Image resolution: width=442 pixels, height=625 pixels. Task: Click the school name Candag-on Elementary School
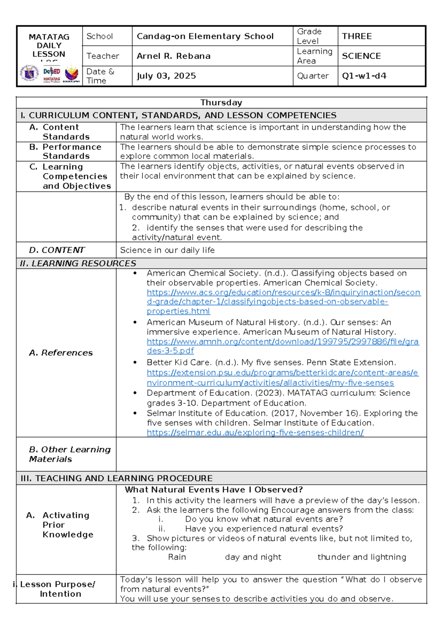[x=205, y=36]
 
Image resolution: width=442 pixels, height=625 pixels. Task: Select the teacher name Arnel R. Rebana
[x=173, y=56]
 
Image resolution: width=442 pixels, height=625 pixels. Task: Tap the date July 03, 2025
[x=166, y=76]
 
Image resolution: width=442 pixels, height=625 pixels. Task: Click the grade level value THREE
[x=357, y=36]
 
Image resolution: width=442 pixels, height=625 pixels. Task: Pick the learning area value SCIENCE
[x=361, y=56]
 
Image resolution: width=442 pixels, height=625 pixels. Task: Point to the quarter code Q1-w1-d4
[x=364, y=76]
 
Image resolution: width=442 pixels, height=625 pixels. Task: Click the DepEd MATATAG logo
[x=52, y=74]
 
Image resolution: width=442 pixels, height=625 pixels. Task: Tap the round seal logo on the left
[x=29, y=73]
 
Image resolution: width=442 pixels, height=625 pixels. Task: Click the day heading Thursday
[x=221, y=102]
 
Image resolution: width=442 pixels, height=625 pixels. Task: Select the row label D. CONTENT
[x=57, y=250]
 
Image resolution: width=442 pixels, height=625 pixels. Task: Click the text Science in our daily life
[x=167, y=250]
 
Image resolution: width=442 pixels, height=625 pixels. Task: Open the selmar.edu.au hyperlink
[x=255, y=433]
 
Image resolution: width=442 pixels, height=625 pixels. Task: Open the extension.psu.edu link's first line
[x=282, y=373]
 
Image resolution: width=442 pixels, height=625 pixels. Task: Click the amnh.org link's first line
[x=282, y=342]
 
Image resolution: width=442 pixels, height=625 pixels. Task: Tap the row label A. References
[x=61, y=353]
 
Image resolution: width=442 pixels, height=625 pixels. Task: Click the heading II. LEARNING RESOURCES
[x=78, y=263]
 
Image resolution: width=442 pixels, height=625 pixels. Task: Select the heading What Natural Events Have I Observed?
[x=214, y=490]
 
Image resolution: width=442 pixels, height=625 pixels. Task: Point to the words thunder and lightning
[x=362, y=557]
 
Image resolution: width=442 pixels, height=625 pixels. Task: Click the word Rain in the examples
[x=177, y=557]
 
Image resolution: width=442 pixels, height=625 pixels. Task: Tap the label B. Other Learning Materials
[x=69, y=454]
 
